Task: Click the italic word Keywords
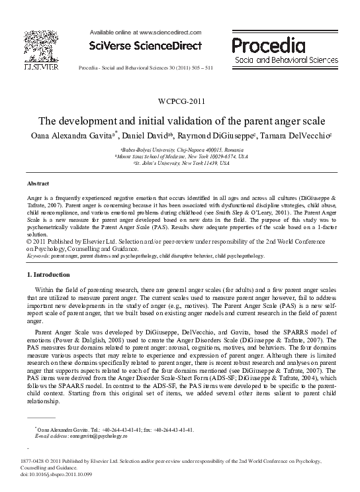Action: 38,255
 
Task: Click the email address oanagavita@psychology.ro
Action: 97,437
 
